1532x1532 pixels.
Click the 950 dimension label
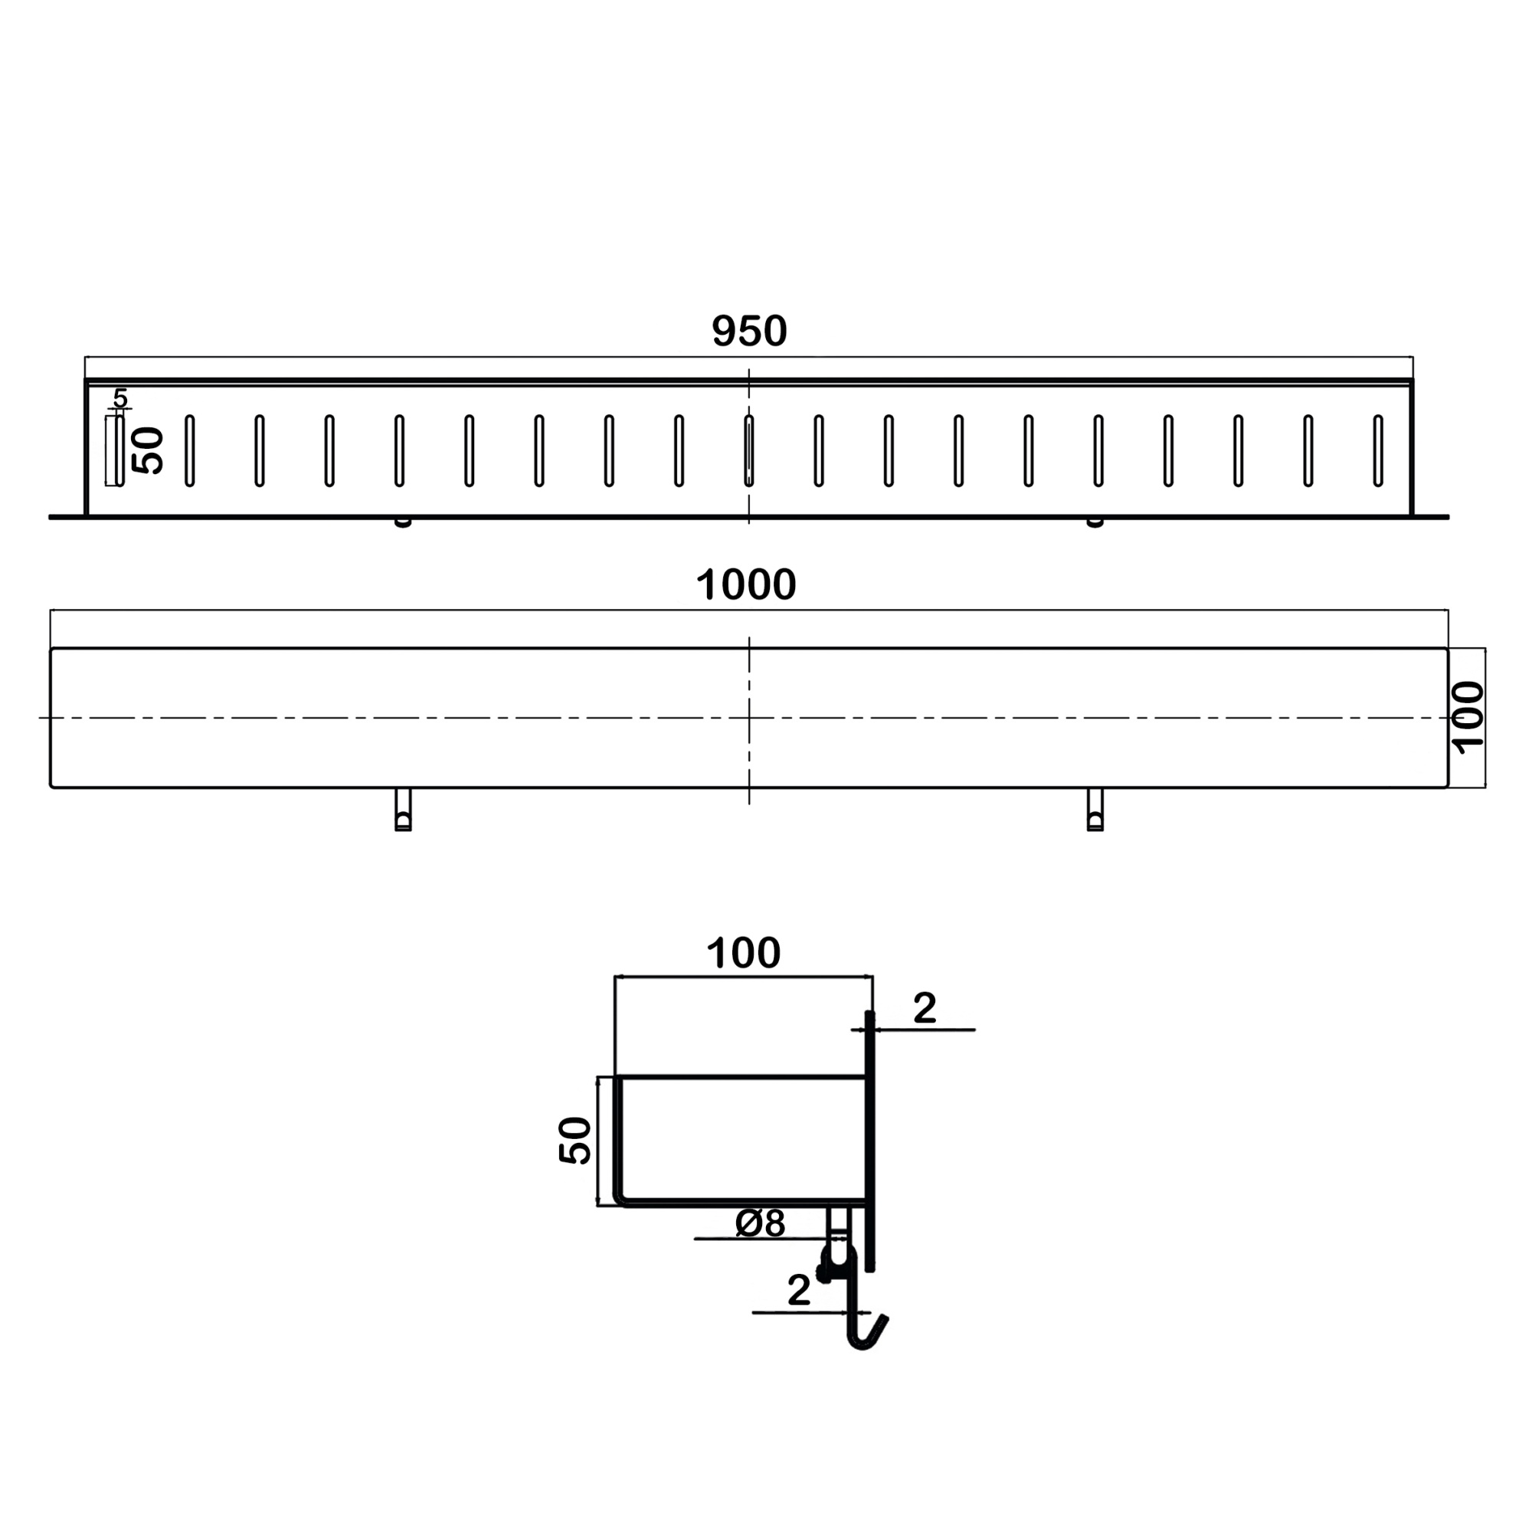click(748, 331)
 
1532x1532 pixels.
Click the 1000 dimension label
click(745, 584)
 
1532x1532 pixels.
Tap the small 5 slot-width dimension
click(119, 398)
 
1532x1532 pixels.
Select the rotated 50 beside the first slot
click(148, 450)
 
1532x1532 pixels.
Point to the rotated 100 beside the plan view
click(1468, 717)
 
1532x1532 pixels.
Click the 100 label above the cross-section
click(743, 952)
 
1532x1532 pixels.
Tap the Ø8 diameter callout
click(760, 1223)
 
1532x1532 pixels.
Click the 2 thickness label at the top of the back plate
click(925, 1008)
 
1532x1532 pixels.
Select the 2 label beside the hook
click(798, 1290)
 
